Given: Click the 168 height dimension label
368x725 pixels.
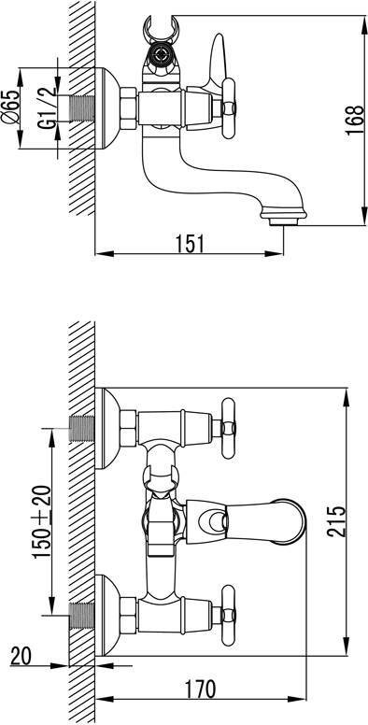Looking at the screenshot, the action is (355, 121).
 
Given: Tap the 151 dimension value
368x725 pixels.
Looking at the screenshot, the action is (189, 244).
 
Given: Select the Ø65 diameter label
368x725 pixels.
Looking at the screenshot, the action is (10, 107).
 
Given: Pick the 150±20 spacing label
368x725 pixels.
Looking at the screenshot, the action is (42, 521).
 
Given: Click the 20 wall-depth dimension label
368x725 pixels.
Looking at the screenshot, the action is (21, 657).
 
